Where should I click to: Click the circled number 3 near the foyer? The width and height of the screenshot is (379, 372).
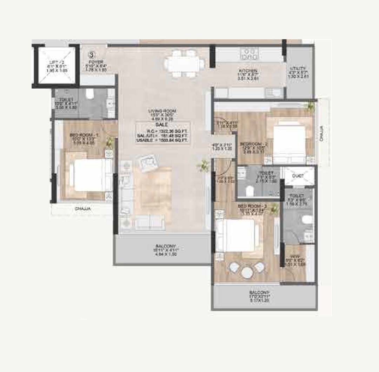coord(92,55)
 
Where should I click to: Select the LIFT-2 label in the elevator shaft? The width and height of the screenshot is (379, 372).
coord(56,62)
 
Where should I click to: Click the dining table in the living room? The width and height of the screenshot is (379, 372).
coord(184,63)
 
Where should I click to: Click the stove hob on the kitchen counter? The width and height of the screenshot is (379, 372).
coord(249,54)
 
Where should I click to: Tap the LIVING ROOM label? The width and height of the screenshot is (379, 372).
coord(162,111)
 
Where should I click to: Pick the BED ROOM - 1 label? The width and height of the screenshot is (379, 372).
coord(81,135)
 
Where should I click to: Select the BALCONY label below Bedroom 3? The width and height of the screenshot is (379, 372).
coord(260,292)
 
